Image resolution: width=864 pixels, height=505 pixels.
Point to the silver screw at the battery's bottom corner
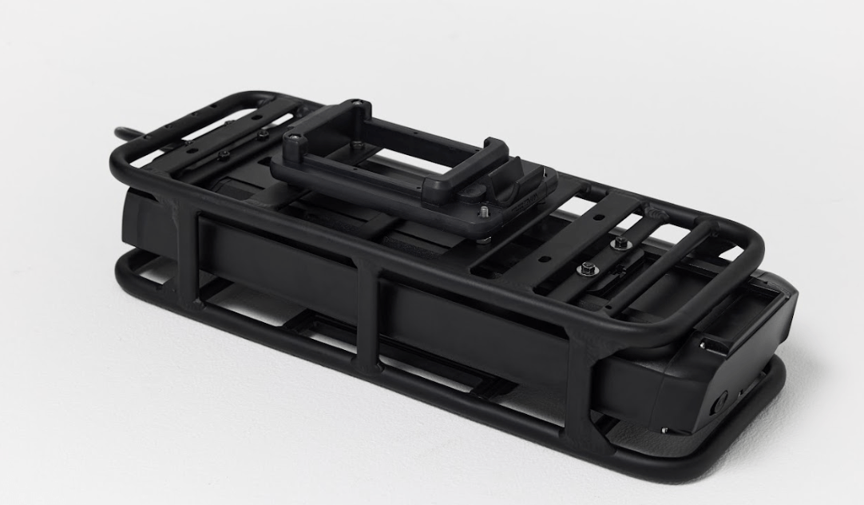coord(664,429)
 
